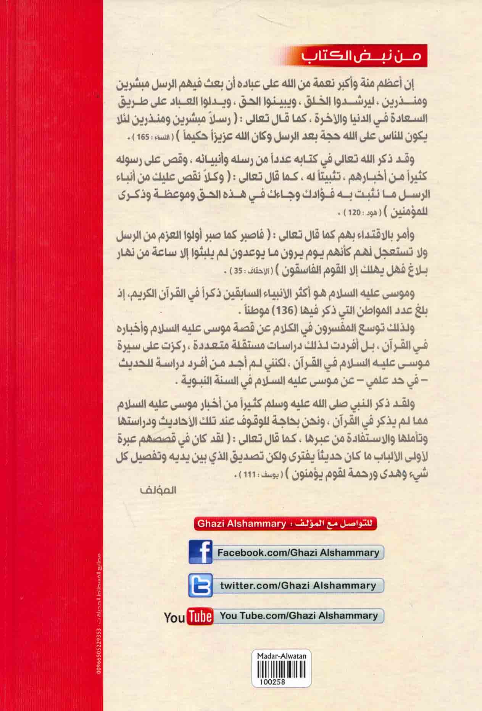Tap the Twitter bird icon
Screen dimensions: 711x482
(x=200, y=585)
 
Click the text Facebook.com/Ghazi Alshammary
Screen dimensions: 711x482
(x=298, y=553)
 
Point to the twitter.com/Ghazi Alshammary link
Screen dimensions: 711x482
(x=298, y=585)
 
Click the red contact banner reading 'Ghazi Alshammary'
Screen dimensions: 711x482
(x=286, y=524)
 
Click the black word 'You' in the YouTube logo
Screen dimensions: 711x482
(x=175, y=617)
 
